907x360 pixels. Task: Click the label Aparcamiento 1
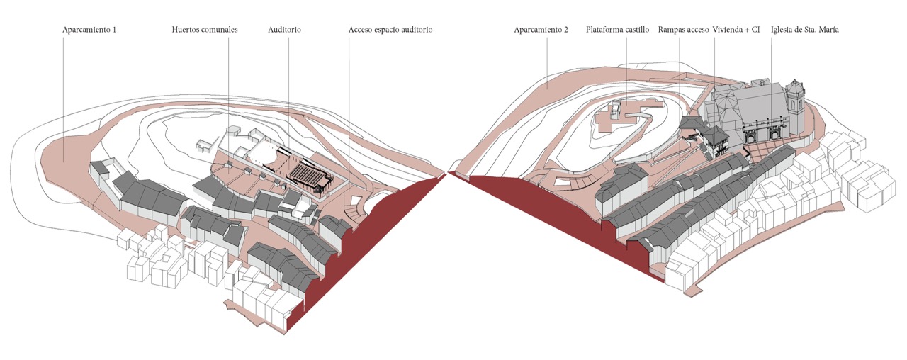[x=89, y=30]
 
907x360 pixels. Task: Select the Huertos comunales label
[x=204, y=30]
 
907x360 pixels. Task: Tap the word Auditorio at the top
[x=284, y=30]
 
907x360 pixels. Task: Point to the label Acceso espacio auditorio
[x=390, y=30]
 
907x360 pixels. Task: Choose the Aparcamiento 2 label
[x=541, y=30]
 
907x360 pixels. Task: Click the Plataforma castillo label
[x=617, y=30]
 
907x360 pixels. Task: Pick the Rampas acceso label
[x=683, y=30]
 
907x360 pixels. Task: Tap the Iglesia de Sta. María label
[x=804, y=30]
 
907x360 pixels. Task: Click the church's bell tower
[x=795, y=103]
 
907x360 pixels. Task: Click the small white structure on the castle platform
[x=614, y=109]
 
